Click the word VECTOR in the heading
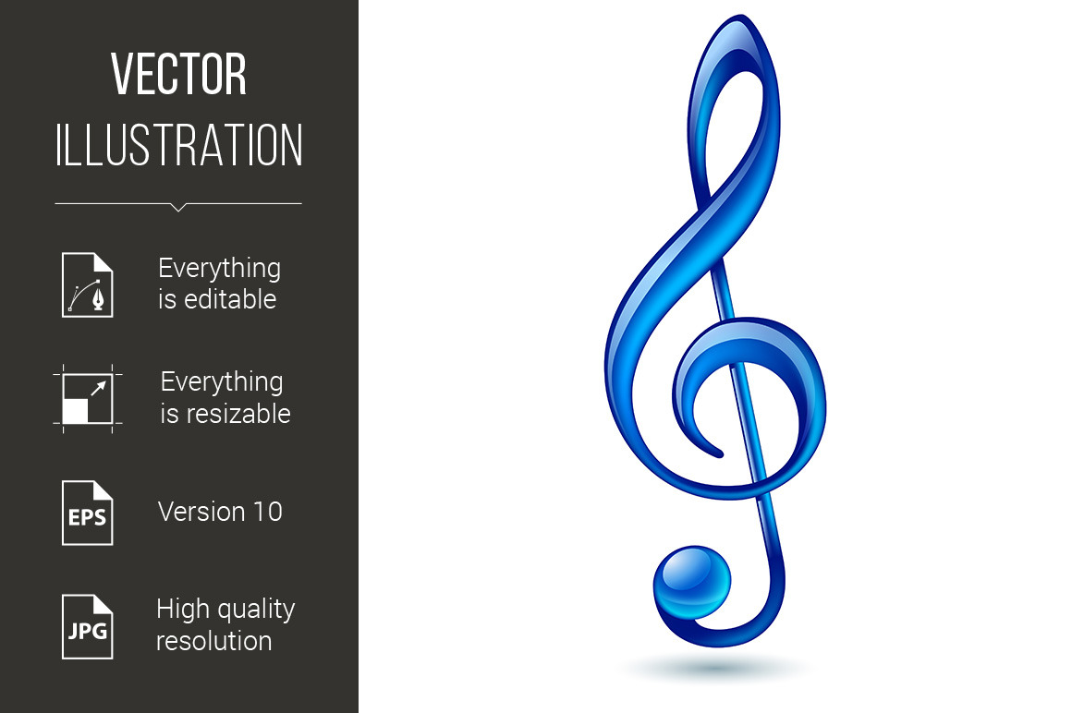coord(178,76)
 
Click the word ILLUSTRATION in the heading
coord(178,146)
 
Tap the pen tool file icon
coord(88,284)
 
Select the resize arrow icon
coord(88,397)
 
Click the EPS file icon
coord(88,513)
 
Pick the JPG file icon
coord(88,626)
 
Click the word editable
coord(230,299)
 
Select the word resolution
coord(213,640)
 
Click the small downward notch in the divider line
coord(178,207)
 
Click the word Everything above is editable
coord(219,269)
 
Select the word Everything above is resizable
coord(222,382)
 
